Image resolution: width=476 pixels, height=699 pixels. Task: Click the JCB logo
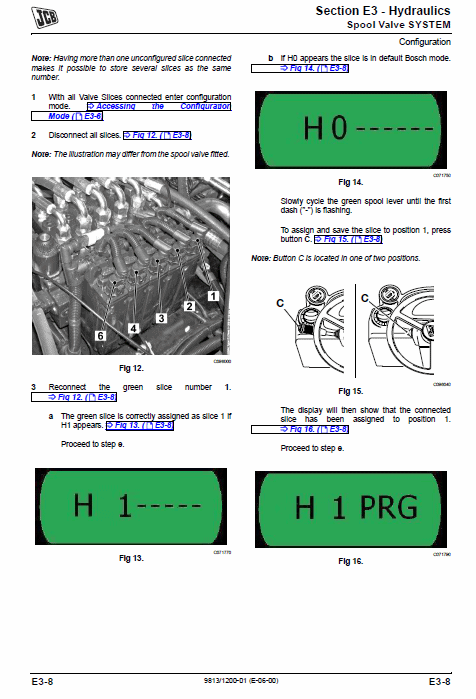[x=45, y=17]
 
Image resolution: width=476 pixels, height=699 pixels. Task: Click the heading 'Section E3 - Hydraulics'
[x=383, y=11]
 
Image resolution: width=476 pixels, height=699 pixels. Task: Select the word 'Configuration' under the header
[x=424, y=42]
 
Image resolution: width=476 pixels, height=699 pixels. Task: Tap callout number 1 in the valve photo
[x=213, y=296]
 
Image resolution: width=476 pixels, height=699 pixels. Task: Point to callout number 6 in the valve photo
[x=101, y=336]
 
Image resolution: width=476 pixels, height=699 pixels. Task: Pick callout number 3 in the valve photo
[x=161, y=318]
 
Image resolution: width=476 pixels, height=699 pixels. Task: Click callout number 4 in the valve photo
[x=133, y=329]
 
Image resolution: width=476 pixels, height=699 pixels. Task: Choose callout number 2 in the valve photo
[x=189, y=306]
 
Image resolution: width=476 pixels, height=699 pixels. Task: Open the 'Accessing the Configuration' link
[x=159, y=107]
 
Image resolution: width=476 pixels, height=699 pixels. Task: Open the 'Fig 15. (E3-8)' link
[x=349, y=239]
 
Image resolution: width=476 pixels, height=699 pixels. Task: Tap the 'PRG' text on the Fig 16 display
[x=389, y=507]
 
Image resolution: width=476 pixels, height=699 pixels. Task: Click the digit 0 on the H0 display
[x=340, y=128]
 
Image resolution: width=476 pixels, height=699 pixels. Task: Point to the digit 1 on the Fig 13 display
[x=125, y=505]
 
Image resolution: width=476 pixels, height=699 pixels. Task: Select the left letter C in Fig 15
[x=280, y=303]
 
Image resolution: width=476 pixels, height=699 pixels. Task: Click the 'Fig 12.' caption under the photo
[x=131, y=368]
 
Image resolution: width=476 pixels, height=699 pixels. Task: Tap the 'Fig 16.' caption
[x=351, y=561]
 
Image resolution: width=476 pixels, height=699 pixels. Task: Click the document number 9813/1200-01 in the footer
[x=241, y=681]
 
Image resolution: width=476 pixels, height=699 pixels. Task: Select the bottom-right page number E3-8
[x=439, y=682]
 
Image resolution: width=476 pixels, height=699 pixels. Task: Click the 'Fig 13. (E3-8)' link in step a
[x=140, y=425]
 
